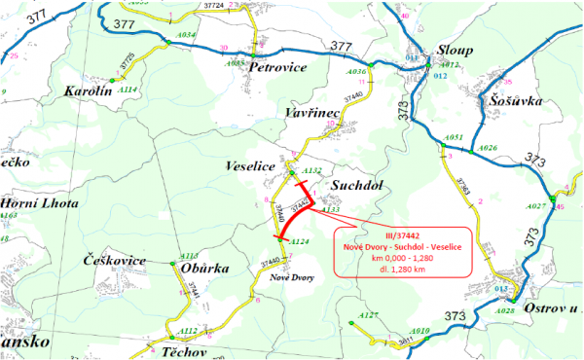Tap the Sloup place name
[454, 51]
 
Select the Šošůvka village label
[510, 100]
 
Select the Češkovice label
[115, 261]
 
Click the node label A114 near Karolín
[127, 89]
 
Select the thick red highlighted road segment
[293, 215]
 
